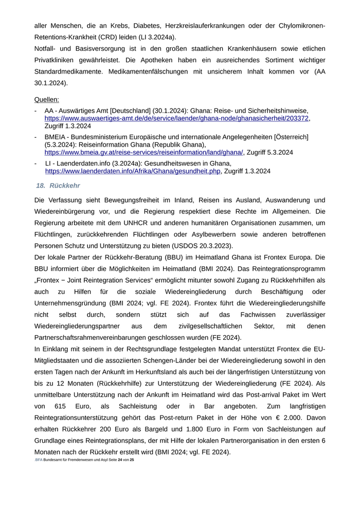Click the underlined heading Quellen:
pos(46,99)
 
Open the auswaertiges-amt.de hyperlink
pos(176,118)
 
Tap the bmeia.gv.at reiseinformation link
pos(143,153)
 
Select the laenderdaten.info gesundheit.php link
pos(133,171)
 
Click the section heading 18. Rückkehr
pos(58,185)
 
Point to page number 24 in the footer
pos(120,460)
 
